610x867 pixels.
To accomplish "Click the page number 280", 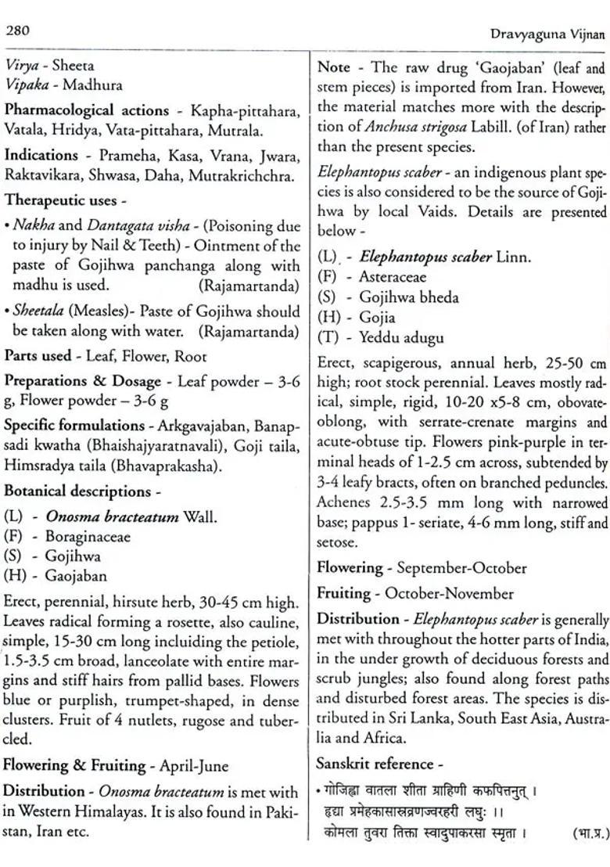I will pyautogui.click(x=17, y=31).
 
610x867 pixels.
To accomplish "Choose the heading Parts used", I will pyautogui.click(x=38, y=356).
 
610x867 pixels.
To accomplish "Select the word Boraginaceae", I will pyautogui.click(x=88, y=537).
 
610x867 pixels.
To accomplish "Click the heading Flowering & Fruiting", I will pyautogui.click(x=75, y=765).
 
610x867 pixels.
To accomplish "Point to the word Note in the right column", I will pyautogui.click(x=334, y=67).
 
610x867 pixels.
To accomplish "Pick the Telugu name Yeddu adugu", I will pyautogui.click(x=401, y=337).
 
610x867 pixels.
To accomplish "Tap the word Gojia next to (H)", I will pyautogui.click(x=377, y=317).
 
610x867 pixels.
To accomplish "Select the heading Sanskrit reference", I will pyautogui.click(x=375, y=763).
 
